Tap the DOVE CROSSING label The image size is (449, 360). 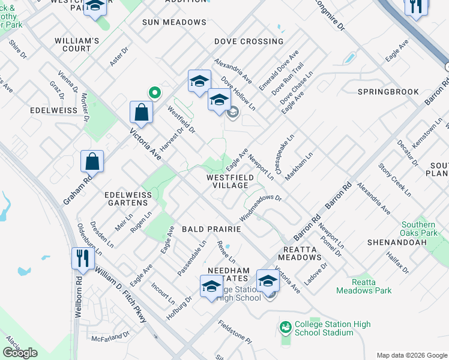point(249,41)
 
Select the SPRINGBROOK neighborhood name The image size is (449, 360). point(388,92)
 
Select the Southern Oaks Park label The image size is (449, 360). point(419,229)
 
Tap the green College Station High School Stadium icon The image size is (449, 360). point(285,328)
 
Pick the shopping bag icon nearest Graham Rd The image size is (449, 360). point(92,161)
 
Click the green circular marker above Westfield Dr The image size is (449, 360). point(154,92)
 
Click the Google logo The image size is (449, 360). point(20,353)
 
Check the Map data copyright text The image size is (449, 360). point(411,355)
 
